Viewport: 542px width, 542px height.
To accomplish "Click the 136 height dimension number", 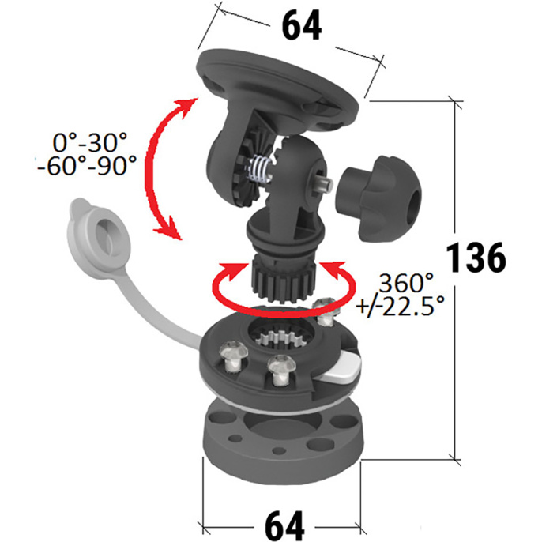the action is (476, 258).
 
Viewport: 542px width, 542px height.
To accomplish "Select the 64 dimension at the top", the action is (302, 26).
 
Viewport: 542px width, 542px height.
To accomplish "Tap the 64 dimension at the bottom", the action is (284, 525).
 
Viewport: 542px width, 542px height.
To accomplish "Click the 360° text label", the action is (406, 282).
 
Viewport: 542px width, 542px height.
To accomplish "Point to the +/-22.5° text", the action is (401, 306).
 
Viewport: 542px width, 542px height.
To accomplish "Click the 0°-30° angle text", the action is (90, 142).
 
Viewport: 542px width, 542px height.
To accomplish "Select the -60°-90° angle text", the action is (87, 166).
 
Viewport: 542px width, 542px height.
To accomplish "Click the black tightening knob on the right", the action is (378, 198).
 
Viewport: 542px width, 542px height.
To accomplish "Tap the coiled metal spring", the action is (260, 169).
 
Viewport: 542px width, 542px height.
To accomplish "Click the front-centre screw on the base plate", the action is (280, 371).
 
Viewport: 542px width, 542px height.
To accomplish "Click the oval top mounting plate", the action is (277, 88).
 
